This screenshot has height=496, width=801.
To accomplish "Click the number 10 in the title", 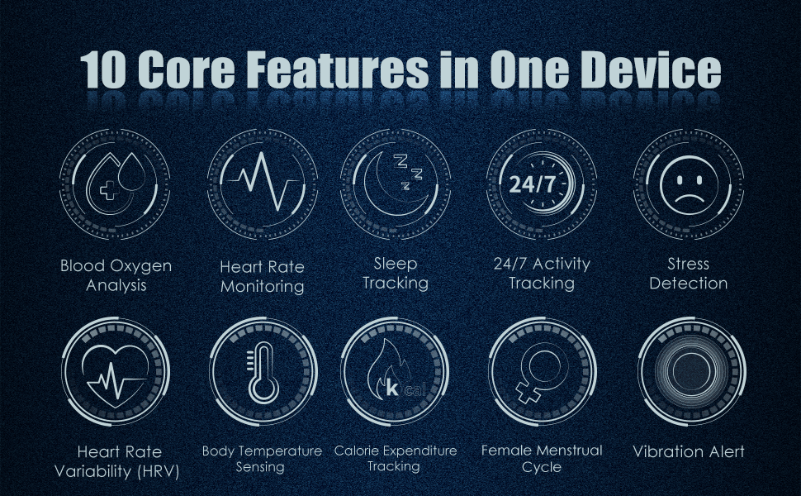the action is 103,69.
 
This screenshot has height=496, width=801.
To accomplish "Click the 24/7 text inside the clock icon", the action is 532,184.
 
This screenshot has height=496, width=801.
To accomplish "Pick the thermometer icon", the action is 263,373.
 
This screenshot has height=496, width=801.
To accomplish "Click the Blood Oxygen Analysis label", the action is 116,275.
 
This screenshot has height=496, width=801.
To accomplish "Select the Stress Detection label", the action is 689,274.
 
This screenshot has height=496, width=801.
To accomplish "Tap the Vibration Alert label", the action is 689,451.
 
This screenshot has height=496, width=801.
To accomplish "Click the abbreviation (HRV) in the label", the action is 159,471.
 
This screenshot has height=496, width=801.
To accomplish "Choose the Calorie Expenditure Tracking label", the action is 395,459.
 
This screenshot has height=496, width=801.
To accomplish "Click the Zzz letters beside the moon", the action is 410,170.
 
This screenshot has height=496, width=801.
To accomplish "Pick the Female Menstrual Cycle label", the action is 542,459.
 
